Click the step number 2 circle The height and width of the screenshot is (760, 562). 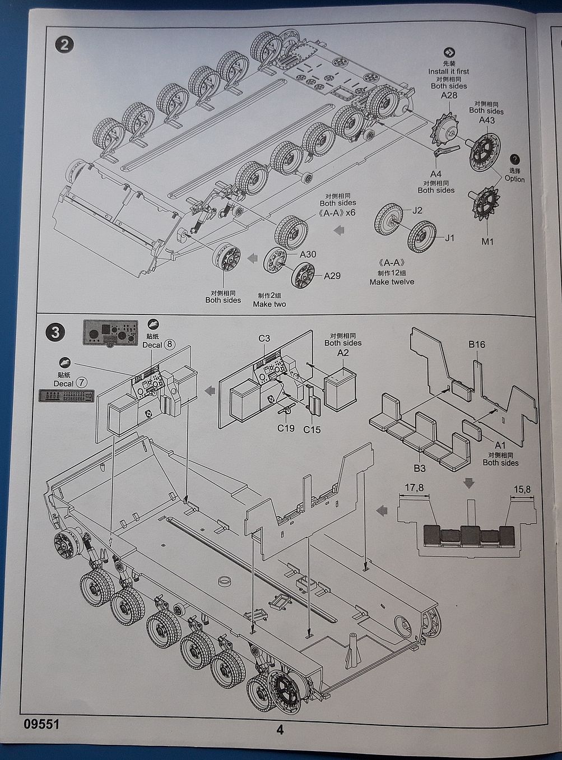(x=65, y=44)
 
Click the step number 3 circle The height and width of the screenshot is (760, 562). (x=55, y=332)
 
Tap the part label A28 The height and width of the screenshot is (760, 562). (x=449, y=96)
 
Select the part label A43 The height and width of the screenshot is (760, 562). (x=486, y=120)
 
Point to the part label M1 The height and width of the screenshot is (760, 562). (x=487, y=242)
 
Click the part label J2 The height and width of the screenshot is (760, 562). (x=416, y=211)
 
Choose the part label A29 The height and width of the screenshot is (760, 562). (x=332, y=276)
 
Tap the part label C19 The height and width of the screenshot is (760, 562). (x=285, y=429)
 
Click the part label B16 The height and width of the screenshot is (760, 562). (x=477, y=344)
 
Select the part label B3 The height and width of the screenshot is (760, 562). (x=420, y=467)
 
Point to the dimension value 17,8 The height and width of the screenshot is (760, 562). (x=413, y=488)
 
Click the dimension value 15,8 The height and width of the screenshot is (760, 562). (x=521, y=489)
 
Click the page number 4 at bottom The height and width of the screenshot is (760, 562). (x=280, y=730)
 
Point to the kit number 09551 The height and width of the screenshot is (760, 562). (x=41, y=724)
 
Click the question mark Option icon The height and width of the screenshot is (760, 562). (x=515, y=159)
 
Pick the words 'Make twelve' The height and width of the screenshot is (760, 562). (x=392, y=282)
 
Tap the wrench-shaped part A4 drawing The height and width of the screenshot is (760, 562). (x=447, y=151)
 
